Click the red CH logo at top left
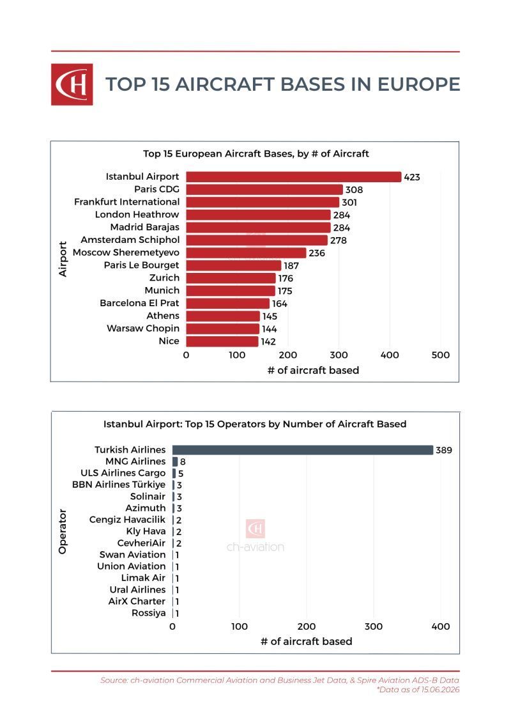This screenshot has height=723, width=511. [x=72, y=84]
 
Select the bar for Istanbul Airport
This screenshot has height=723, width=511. [x=294, y=177]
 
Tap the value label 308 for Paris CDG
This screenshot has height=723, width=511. [x=354, y=189]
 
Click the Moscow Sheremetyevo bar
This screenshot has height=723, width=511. [x=246, y=253]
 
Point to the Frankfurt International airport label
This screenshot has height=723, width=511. [x=126, y=202]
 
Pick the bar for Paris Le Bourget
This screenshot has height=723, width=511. [x=234, y=265]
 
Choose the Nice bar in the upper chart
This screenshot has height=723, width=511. [x=222, y=341]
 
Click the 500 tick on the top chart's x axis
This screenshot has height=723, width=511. [x=441, y=355]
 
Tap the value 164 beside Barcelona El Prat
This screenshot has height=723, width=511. [x=279, y=304]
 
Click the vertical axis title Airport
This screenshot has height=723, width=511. [x=63, y=259]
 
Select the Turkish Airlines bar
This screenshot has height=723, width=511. [x=303, y=450]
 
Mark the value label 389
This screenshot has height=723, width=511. [x=444, y=450]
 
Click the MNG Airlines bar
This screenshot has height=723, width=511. [x=175, y=462]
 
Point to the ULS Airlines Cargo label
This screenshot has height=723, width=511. [x=123, y=473]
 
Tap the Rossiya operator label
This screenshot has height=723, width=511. [x=148, y=613]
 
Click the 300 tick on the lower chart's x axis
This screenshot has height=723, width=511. [x=373, y=626]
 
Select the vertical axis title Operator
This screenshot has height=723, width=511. [x=63, y=532]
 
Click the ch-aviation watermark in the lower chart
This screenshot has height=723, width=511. [x=256, y=536]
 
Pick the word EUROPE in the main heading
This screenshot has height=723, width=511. [x=418, y=84]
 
